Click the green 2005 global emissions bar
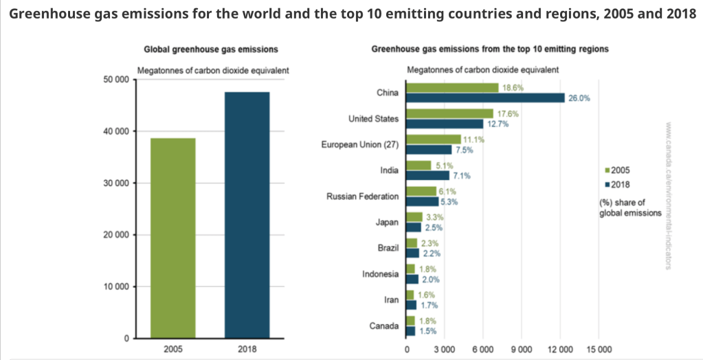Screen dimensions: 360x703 coord(173,238)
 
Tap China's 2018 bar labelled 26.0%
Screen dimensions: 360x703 coord(486,98)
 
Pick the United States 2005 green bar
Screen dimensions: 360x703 coord(450,113)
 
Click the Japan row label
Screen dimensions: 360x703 coord(387,222)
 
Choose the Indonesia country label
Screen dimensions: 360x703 coord(380,274)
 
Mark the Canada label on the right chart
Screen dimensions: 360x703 coord(384,326)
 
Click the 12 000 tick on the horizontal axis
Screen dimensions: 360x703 coord(561,348)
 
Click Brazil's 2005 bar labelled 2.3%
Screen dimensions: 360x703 coord(412,243)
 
